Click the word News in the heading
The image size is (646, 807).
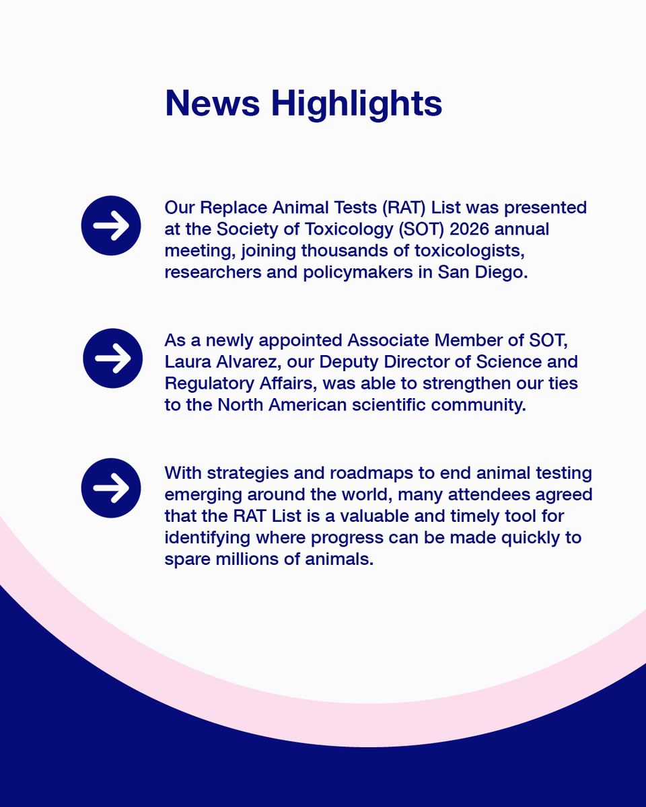pos(212,103)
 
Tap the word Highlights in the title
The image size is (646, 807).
pos(356,104)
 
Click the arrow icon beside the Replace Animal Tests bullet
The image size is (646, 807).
pos(111,226)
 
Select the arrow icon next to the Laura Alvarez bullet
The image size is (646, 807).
pos(112,358)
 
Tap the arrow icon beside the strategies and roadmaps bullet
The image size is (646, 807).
pos(111,488)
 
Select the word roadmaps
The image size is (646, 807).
pos(358,473)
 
